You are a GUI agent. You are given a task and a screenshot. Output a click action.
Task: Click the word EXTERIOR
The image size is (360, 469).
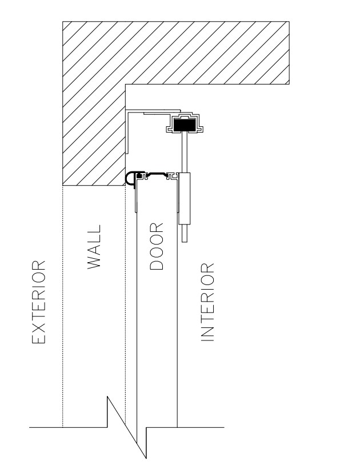click(x=39, y=302)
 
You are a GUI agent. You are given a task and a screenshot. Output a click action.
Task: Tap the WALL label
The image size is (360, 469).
click(x=94, y=247)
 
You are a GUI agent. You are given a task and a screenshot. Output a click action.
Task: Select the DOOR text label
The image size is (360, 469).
click(x=157, y=246)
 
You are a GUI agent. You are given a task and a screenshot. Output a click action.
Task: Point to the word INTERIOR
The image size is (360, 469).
click(x=207, y=302)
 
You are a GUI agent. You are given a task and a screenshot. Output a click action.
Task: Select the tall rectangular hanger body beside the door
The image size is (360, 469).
click(x=185, y=198)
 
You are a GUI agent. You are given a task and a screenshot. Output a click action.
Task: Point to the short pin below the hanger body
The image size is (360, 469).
click(x=185, y=233)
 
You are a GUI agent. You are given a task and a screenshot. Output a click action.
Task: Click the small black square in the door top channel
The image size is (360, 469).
click(x=139, y=176)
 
